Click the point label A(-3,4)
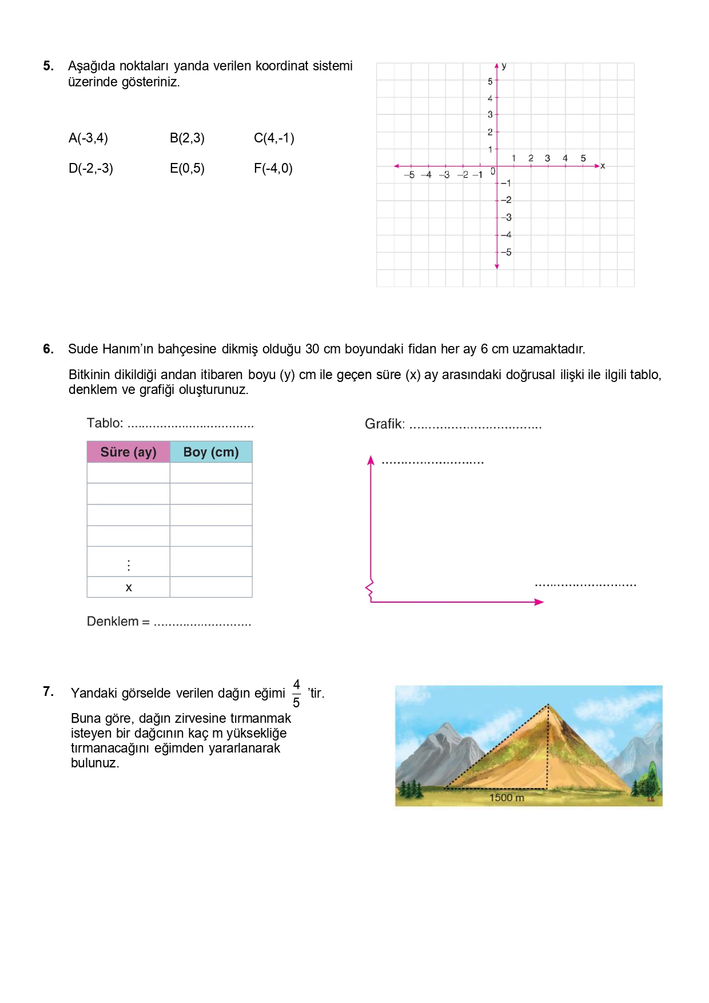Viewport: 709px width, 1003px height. pyautogui.click(x=88, y=138)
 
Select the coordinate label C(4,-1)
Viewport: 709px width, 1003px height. pyautogui.click(x=274, y=138)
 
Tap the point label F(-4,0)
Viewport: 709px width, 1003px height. pyautogui.click(x=273, y=168)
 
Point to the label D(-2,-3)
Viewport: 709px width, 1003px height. pyautogui.click(x=91, y=168)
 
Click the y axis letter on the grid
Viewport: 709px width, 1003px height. pyautogui.click(x=504, y=66)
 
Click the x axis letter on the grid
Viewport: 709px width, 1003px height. pyautogui.click(x=603, y=166)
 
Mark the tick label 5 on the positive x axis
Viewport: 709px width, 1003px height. pyautogui.click(x=583, y=158)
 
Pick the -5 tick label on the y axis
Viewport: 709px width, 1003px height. pyautogui.click(x=506, y=252)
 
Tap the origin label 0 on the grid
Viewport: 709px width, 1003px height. pyautogui.click(x=493, y=171)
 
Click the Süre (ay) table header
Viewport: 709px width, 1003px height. pyautogui.click(x=128, y=452)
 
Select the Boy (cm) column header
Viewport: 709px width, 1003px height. pyautogui.click(x=211, y=452)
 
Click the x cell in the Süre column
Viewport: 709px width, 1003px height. pyautogui.click(x=129, y=587)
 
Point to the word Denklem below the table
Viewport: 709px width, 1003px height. pyautogui.click(x=113, y=622)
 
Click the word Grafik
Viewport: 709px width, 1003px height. pyautogui.click(x=384, y=424)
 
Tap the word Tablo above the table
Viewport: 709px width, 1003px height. pyautogui.click(x=105, y=423)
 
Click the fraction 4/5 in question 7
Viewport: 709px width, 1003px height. pyautogui.click(x=296, y=693)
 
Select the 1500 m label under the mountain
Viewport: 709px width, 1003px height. pyautogui.click(x=507, y=798)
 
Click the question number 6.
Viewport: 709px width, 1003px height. pyautogui.click(x=49, y=349)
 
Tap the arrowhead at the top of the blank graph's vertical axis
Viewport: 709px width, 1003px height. pyautogui.click(x=371, y=460)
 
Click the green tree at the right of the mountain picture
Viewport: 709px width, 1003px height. pyautogui.click(x=650, y=781)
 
